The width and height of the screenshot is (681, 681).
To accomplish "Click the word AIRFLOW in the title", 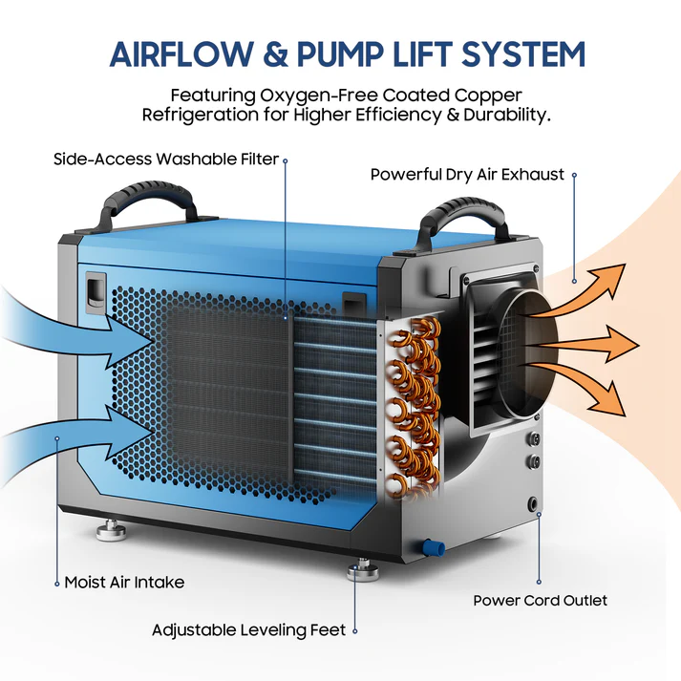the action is (181, 54).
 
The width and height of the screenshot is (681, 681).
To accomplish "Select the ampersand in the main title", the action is (275, 54).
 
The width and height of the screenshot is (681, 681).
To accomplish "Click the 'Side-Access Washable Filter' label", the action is (166, 159).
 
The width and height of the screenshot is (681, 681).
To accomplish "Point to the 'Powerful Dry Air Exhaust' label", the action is (467, 175).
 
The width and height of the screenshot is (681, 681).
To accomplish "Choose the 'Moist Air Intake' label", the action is (125, 583).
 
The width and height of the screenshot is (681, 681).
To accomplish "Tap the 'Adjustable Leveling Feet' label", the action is (249, 630).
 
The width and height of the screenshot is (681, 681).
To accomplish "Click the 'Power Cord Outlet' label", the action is (541, 601).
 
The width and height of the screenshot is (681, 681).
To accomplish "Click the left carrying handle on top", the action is (148, 203).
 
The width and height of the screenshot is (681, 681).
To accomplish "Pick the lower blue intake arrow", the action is (76, 443).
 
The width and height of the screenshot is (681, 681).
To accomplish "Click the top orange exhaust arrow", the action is (578, 290).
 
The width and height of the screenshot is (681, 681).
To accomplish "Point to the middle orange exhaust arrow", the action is (582, 344).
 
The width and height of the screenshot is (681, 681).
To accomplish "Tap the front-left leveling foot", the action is (111, 528).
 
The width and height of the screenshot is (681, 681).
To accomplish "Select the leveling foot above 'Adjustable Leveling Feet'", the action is (363, 570).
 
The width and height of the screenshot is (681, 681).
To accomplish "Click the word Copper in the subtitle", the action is (488, 96).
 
